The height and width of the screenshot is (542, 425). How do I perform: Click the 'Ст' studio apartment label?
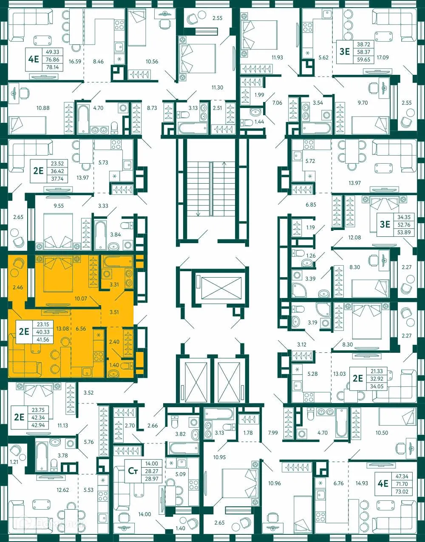[133, 471]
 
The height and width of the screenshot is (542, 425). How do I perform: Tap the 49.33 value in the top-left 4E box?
[52, 52]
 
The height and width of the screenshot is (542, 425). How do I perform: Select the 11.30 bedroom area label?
[217, 88]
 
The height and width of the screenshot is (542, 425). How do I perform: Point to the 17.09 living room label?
[382, 57]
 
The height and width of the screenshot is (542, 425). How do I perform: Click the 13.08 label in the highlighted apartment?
[62, 329]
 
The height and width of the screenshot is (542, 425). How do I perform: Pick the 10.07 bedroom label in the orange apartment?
[81, 299]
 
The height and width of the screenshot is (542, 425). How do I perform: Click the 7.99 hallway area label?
[273, 433]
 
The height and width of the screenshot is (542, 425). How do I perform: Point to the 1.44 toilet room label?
[259, 122]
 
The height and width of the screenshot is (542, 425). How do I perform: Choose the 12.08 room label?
[354, 238]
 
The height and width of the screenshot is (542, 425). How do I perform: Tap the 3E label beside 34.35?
[385, 224]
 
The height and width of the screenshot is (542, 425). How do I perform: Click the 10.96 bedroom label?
[275, 483]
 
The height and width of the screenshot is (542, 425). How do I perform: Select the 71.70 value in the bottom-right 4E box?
[402, 484]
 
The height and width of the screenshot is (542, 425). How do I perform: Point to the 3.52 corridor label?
[88, 393]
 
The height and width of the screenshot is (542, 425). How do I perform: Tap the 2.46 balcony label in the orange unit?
[18, 288]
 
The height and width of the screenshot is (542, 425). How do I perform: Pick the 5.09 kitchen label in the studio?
[180, 474]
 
